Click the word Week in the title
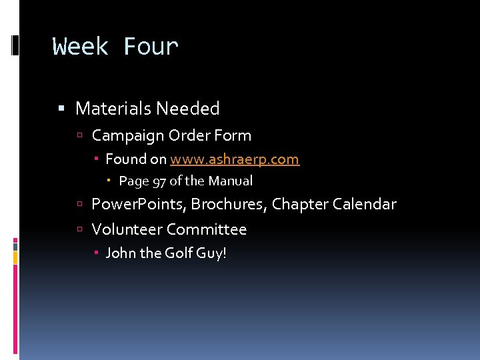(x=81, y=47)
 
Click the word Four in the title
(x=151, y=47)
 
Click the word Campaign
(x=127, y=136)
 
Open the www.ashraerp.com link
(x=235, y=160)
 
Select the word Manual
(x=231, y=181)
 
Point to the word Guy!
(x=212, y=254)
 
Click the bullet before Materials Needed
(x=62, y=109)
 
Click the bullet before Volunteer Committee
(x=79, y=230)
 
